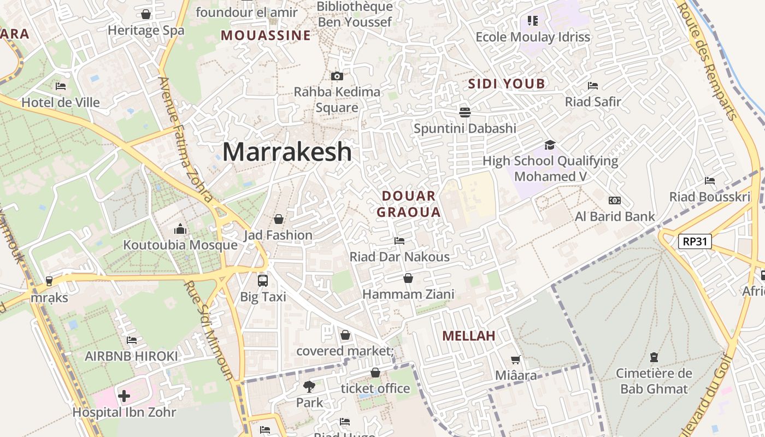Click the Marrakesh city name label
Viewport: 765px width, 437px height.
[287, 151]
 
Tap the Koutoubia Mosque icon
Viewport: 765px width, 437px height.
[180, 229]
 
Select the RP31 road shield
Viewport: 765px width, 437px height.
[695, 241]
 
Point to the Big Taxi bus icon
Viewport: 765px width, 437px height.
[263, 281]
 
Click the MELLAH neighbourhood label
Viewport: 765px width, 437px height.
[469, 336]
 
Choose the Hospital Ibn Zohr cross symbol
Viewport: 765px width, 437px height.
[124, 395]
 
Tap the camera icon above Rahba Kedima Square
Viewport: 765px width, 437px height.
[337, 76]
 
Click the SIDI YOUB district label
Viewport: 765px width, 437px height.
[507, 84]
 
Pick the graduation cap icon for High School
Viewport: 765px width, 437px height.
[550, 145]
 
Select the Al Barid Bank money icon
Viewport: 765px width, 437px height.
[615, 200]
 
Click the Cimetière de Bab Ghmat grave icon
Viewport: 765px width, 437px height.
[654, 358]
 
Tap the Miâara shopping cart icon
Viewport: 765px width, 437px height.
[515, 359]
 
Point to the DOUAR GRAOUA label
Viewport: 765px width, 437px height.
[409, 204]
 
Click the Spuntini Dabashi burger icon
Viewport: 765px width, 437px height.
[465, 113]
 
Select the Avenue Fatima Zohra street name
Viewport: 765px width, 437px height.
[185, 139]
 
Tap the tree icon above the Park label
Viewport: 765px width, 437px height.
[309, 387]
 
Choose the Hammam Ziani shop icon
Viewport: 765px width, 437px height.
[408, 278]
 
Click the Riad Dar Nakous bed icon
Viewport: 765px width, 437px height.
[399, 240]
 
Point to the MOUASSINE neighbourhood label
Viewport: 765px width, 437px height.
[266, 36]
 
